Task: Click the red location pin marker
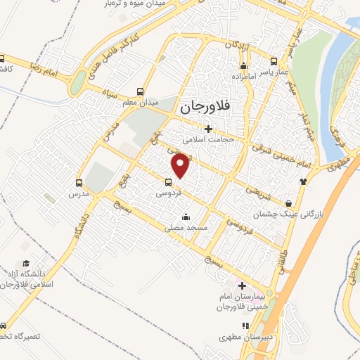pos(181,165)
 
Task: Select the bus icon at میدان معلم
pos(141,91)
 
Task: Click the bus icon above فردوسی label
pos(167,181)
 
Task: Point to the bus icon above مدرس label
pos(79,181)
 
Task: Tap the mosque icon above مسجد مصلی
pos(185,217)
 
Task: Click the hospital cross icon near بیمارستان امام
pos(243,286)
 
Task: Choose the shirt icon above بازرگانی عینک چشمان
pos(303,181)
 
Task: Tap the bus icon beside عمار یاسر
pos(271,60)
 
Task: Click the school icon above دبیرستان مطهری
pos(245,325)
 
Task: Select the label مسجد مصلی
pos(184,228)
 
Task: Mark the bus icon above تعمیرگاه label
pos(4,326)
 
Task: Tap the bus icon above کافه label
pos(4,59)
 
